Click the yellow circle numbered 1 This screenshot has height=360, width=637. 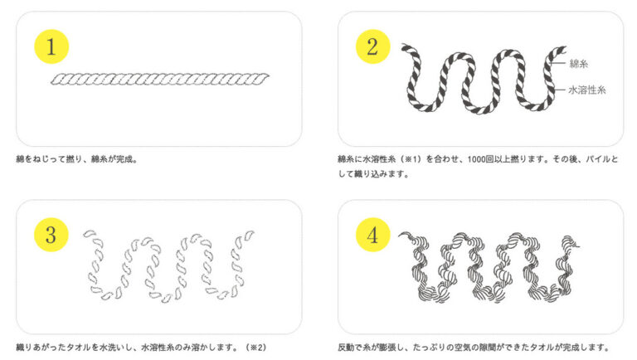tap(51, 46)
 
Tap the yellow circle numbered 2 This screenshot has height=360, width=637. tap(373, 46)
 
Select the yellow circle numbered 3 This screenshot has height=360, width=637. tap(51, 235)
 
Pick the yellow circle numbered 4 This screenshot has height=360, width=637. tap(373, 235)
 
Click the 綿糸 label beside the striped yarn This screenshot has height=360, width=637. tap(578, 63)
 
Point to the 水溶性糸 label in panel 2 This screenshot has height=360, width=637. tap(587, 90)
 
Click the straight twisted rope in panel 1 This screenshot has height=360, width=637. tap(159, 79)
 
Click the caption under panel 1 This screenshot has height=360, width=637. tap(77, 159)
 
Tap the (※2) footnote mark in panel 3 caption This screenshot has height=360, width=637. tap(256, 348)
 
